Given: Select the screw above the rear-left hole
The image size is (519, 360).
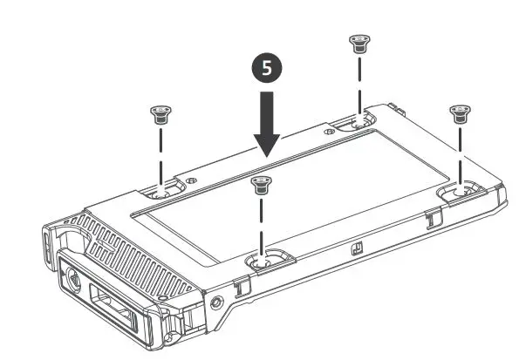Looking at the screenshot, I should pos(159,112).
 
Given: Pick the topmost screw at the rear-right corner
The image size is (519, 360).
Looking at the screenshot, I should pos(357,43).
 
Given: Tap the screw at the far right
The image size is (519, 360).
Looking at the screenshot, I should pos(459,112).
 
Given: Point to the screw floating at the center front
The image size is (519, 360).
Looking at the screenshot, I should pos(259,183).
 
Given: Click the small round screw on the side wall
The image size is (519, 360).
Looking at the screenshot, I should pos(215,302).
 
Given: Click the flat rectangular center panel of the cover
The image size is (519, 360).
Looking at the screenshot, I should pos(288,187).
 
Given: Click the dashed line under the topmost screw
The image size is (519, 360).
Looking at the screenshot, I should pos(357,84).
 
